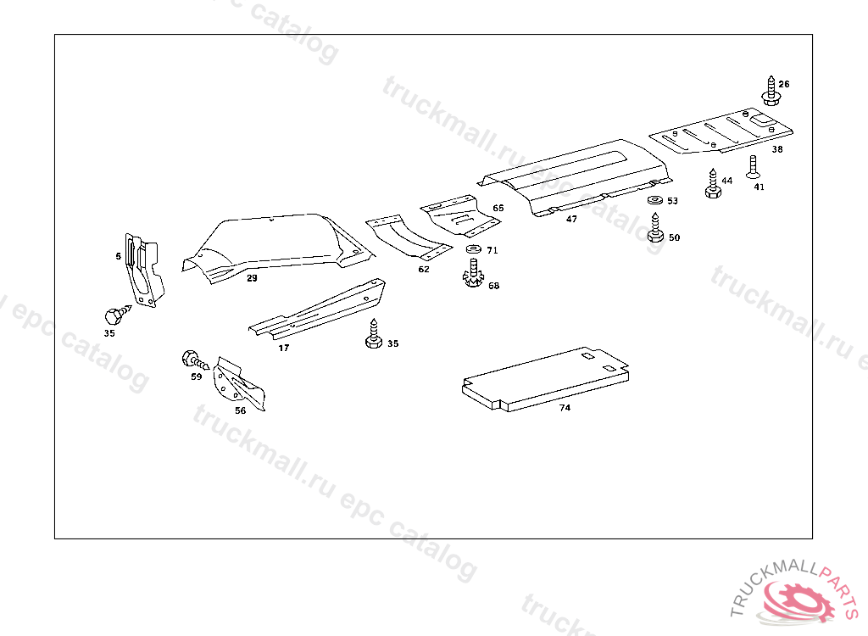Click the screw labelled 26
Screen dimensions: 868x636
[x=771, y=92]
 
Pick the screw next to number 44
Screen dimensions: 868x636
[x=712, y=185]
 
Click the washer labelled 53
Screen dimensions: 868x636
[x=654, y=201]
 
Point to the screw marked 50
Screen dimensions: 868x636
[x=655, y=228]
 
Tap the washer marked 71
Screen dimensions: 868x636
[x=473, y=249]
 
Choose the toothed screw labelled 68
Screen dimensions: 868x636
[x=473, y=276]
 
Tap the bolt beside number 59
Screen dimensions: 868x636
[x=192, y=359]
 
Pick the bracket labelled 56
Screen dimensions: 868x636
[x=239, y=386]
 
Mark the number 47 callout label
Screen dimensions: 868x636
[x=571, y=219]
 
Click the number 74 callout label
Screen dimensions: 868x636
[x=565, y=408]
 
